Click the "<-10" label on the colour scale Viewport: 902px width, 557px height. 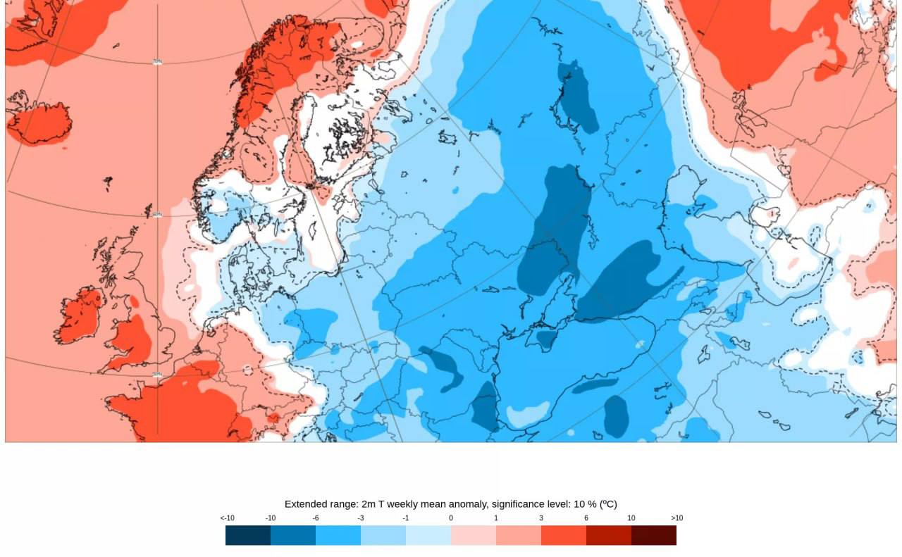click(x=227, y=518)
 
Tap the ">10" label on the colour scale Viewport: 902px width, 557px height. click(x=676, y=518)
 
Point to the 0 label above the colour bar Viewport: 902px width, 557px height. click(x=451, y=518)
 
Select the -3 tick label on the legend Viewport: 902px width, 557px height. click(x=361, y=518)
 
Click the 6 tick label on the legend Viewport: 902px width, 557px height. click(x=586, y=518)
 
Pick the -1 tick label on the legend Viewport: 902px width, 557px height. click(x=406, y=518)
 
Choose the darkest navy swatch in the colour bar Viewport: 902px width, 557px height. click(x=248, y=535)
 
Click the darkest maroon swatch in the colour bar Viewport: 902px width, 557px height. click(x=654, y=535)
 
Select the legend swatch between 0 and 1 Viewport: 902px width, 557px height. click(x=474, y=535)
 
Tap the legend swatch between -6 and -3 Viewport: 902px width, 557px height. click(x=338, y=535)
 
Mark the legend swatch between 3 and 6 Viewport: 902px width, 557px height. click(x=564, y=535)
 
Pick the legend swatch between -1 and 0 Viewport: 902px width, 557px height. click(x=428, y=535)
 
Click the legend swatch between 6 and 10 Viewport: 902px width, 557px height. click(x=609, y=535)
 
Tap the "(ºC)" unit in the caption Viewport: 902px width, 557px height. click(x=608, y=504)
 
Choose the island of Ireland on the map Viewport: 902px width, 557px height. click(x=78, y=314)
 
